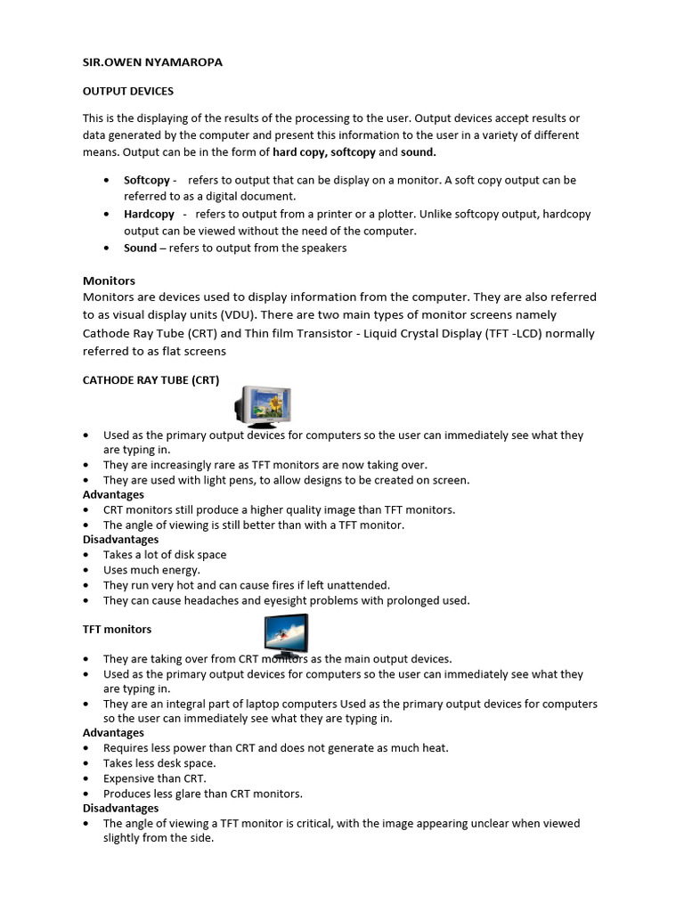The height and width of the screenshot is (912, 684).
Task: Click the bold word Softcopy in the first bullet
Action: pyautogui.click(x=147, y=180)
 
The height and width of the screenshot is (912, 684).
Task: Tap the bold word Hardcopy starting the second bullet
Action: pyautogui.click(x=149, y=214)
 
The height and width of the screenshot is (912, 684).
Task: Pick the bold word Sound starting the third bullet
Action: pyautogui.click(x=140, y=248)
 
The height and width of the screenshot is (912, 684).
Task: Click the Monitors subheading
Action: pyautogui.click(x=109, y=281)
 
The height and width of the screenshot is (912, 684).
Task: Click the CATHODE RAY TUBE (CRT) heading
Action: pyautogui.click(x=151, y=380)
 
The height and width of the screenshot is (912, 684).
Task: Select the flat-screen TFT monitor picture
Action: pyautogui.click(x=285, y=636)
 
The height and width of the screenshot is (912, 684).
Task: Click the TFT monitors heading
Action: pyautogui.click(x=117, y=629)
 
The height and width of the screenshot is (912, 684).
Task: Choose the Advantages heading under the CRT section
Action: pyautogui.click(x=113, y=494)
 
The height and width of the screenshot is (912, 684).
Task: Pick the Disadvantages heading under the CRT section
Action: pyautogui.click(x=120, y=539)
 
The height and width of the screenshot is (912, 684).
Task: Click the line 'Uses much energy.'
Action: pyautogui.click(x=151, y=569)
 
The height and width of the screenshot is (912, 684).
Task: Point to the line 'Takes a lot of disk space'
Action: pyautogui.click(x=165, y=554)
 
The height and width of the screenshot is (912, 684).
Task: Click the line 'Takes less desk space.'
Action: pyautogui.click(x=159, y=763)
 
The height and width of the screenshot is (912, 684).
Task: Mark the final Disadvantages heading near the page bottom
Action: pyautogui.click(x=120, y=808)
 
